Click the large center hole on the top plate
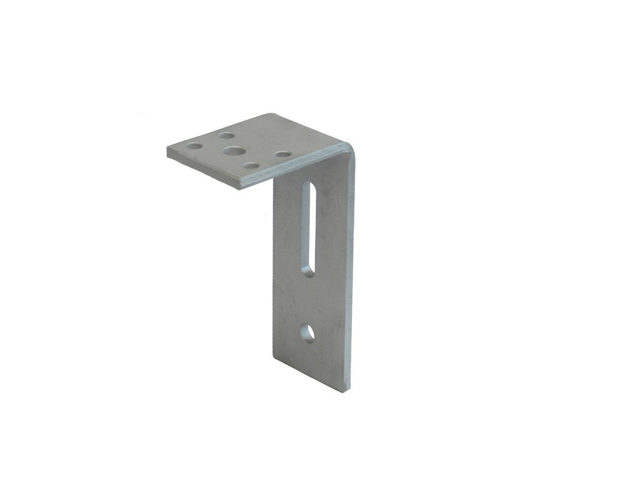[x=234, y=151]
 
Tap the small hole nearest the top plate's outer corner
[x=194, y=146]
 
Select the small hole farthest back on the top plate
[x=227, y=135]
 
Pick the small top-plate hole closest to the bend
[x=283, y=154]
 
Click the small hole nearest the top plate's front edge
[x=251, y=166]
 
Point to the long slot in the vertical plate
[x=308, y=228]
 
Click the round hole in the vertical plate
[x=307, y=333]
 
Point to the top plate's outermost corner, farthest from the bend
[x=168, y=150]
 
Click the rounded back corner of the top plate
[x=270, y=115]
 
